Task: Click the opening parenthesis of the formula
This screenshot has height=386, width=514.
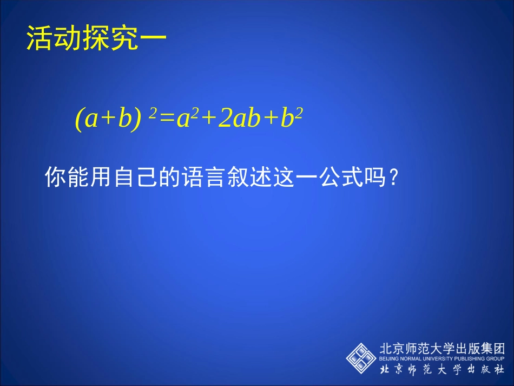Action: (79, 120)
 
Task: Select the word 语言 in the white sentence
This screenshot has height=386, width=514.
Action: (209, 177)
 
